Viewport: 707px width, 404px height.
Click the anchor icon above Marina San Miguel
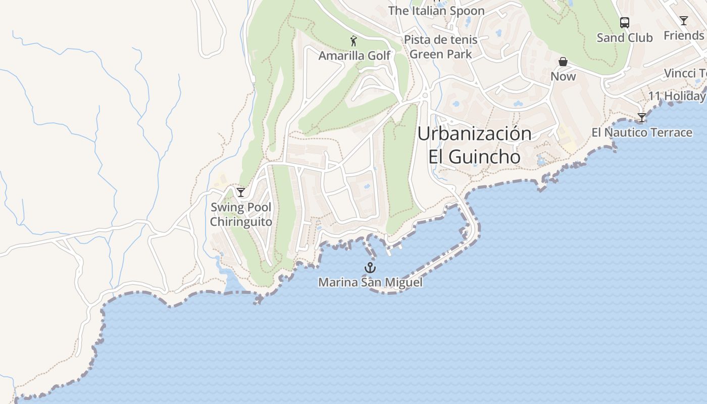tap(371, 268)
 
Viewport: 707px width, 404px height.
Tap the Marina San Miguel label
tap(370, 282)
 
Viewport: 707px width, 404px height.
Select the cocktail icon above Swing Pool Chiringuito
tap(241, 192)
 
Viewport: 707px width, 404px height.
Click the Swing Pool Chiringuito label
tap(241, 215)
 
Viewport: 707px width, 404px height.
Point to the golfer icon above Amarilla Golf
tap(353, 41)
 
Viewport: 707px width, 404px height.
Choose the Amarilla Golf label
tap(355, 56)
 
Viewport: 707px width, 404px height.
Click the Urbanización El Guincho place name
tap(475, 145)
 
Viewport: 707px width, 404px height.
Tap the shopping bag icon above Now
tap(563, 62)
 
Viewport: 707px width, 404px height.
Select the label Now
tap(563, 76)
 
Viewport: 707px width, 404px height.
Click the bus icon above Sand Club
tap(625, 23)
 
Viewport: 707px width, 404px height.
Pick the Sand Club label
tap(625, 38)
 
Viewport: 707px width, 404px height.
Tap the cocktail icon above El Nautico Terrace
tap(641, 118)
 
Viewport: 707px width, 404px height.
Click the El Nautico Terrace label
tap(642, 132)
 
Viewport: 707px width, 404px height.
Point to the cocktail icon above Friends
tap(684, 21)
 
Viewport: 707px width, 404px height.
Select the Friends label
tap(684, 35)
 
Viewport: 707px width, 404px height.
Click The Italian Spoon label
tap(436, 11)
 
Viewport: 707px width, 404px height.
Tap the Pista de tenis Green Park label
tap(441, 47)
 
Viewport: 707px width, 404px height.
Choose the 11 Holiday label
tap(677, 96)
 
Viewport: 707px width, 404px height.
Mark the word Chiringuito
tap(241, 222)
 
